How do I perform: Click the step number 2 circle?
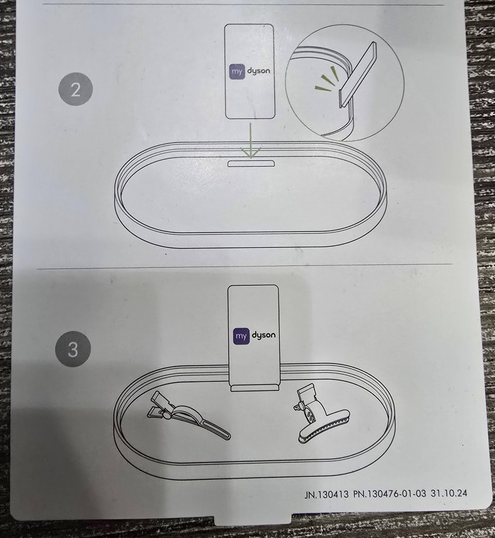(76, 90)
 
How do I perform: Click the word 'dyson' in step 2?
(258, 71)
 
